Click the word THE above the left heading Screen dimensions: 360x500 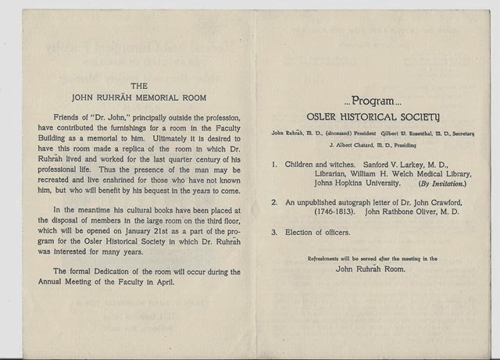click(x=137, y=87)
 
